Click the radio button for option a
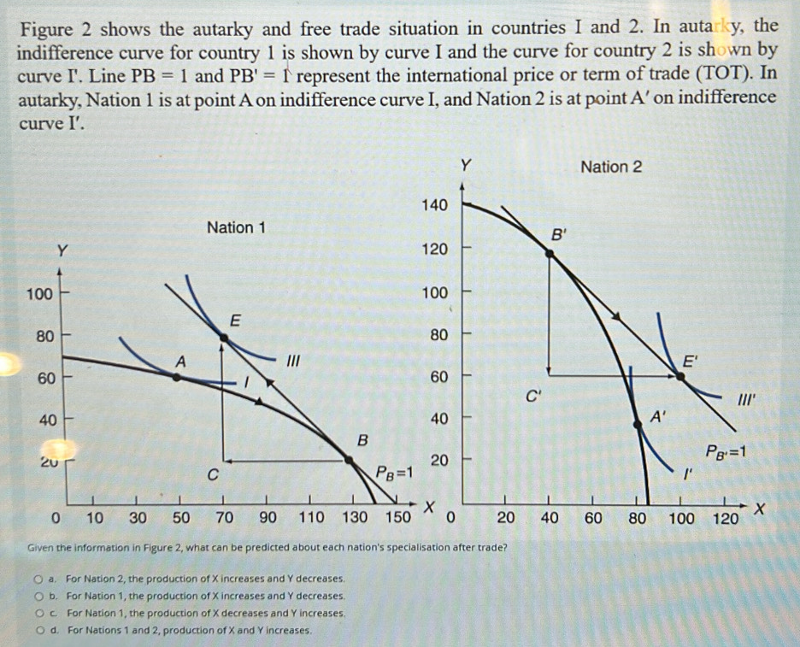[x=53, y=579]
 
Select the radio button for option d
[x=53, y=630]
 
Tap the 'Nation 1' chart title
[x=236, y=227]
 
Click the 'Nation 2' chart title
[x=610, y=167]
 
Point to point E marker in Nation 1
[x=224, y=338]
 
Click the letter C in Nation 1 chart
[x=213, y=474]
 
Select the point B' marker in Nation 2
[x=548, y=250]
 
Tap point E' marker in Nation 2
[x=680, y=375]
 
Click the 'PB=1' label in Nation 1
[x=393, y=473]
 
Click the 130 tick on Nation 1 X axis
[x=355, y=517]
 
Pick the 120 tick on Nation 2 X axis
[x=725, y=519]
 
